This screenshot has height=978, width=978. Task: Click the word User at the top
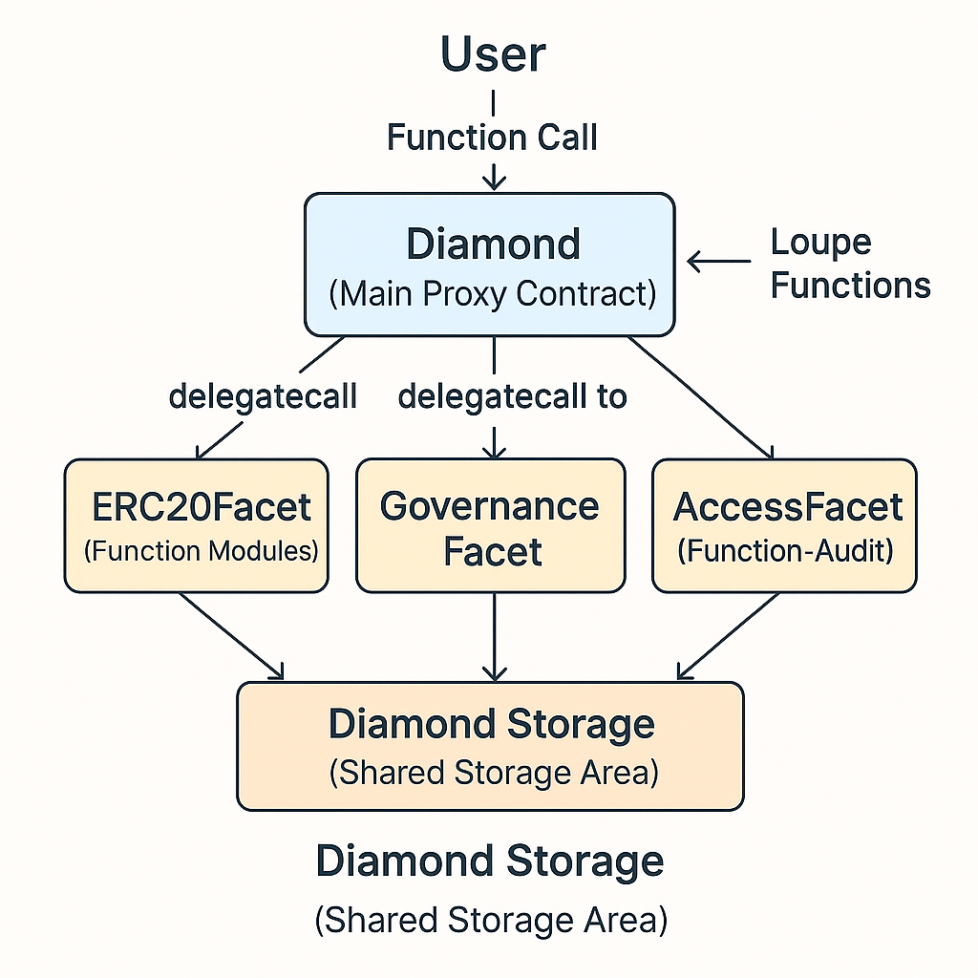tap(493, 55)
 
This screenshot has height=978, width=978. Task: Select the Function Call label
tap(493, 137)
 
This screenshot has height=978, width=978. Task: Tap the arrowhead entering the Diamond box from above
tap(493, 181)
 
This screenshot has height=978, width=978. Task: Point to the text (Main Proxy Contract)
tap(492, 293)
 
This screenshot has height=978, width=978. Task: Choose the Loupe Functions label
tap(850, 264)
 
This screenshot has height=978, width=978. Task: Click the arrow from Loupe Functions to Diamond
tap(719, 260)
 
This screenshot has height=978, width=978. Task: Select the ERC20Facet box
tap(197, 525)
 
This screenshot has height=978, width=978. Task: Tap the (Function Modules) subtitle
tap(201, 551)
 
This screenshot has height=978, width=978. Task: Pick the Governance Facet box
tap(491, 525)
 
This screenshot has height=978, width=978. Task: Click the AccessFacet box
tap(784, 525)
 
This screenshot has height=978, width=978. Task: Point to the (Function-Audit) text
tap(786, 551)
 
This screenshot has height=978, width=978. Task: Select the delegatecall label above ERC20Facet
tap(263, 395)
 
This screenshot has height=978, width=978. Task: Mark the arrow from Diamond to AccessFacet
tap(702, 396)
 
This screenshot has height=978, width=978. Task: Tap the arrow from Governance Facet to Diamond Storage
tap(493, 635)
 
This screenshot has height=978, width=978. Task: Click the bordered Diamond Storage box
tap(490, 746)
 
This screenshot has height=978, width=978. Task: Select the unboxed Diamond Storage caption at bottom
tap(490, 861)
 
